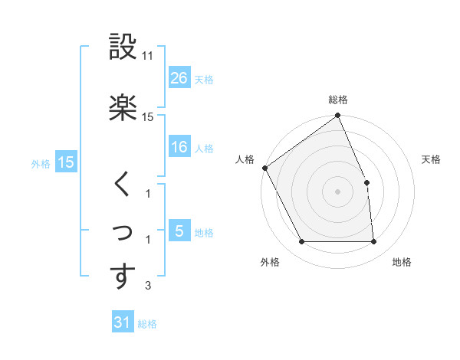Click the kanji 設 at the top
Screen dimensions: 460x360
(x=123, y=47)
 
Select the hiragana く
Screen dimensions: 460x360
(x=123, y=185)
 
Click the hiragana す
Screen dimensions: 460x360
(x=123, y=277)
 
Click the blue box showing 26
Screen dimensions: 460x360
(x=179, y=78)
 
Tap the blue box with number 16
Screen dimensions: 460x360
(x=179, y=147)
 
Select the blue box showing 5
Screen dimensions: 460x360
(x=179, y=231)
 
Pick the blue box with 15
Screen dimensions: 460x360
(x=65, y=162)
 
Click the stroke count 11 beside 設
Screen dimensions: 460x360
(x=148, y=57)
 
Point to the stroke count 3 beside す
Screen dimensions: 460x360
(x=148, y=286)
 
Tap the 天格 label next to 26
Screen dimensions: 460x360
(x=204, y=79)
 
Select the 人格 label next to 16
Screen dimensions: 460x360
(x=204, y=148)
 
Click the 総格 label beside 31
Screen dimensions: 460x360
(x=147, y=324)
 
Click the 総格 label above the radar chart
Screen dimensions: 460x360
(x=337, y=100)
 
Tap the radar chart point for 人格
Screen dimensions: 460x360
(x=265, y=168)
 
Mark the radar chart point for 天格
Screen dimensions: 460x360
(x=366, y=182)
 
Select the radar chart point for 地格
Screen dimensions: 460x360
(x=373, y=242)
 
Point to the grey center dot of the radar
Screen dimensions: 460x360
(x=337, y=191)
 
